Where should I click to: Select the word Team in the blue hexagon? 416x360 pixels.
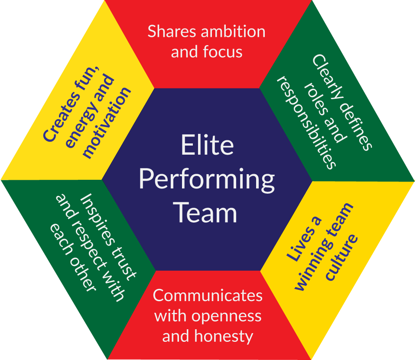coord(207,212)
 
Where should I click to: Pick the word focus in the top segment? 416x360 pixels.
coord(223,52)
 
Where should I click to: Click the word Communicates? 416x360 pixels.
coord(208,295)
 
